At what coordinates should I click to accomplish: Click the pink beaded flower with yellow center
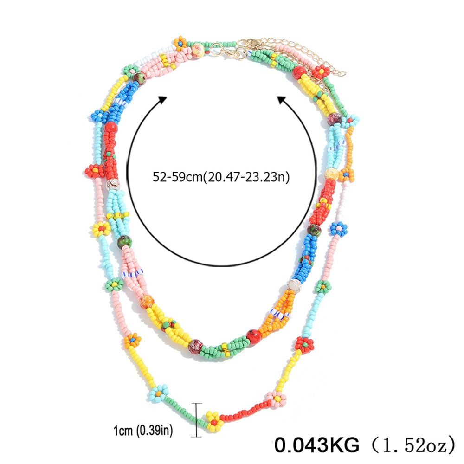pos(276,399)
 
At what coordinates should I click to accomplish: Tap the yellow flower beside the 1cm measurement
pos(214,421)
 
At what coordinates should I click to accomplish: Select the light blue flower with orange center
pos(158,393)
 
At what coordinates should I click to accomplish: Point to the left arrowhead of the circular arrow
pos(162,100)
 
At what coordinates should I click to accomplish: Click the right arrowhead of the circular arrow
pos(282,100)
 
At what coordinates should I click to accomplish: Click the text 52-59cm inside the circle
pos(177,177)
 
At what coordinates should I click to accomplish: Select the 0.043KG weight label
pos(316,445)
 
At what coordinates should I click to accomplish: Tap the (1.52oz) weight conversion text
pos(412,445)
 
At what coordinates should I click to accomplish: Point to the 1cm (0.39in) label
pos(143,430)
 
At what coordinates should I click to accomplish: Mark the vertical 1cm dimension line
pos(196,420)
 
